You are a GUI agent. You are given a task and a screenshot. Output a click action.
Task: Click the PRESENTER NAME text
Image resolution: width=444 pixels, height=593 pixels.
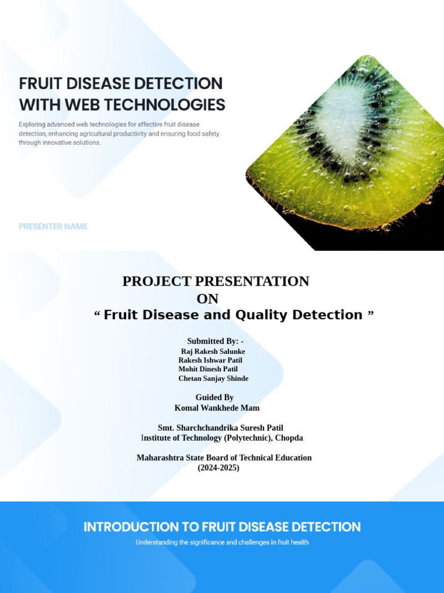53,226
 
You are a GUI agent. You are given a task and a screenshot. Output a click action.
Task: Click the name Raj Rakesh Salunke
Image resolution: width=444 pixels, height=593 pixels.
213,352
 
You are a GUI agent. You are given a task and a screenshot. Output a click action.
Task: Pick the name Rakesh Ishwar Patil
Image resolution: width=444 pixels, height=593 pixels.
210,360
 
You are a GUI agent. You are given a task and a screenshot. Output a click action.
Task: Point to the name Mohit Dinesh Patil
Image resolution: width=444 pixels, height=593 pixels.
208,369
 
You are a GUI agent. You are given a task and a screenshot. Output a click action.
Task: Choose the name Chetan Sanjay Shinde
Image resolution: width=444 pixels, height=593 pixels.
213,378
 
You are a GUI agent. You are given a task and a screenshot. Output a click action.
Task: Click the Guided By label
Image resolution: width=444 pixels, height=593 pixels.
214,397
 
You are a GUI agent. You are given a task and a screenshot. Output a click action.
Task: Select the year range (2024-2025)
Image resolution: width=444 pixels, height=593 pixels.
219,468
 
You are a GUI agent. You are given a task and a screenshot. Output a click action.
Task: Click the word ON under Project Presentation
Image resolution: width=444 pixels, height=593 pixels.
208,299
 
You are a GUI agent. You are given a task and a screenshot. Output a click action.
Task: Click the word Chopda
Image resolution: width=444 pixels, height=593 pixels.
288,438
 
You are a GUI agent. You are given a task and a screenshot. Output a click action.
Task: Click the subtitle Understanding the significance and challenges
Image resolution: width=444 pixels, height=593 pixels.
222,543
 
